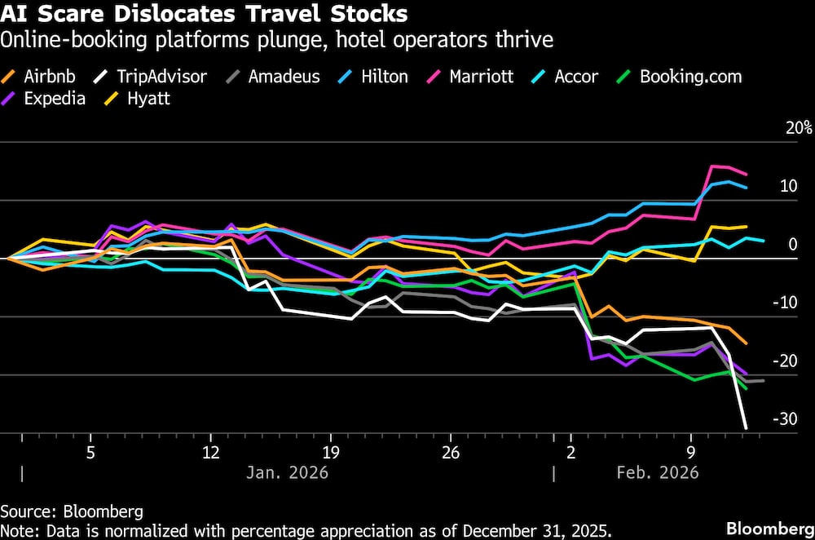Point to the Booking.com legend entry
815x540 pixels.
(690, 77)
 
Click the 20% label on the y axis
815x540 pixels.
(799, 128)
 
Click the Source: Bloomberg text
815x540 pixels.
(72, 511)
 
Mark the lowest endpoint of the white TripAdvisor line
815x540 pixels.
(746, 427)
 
